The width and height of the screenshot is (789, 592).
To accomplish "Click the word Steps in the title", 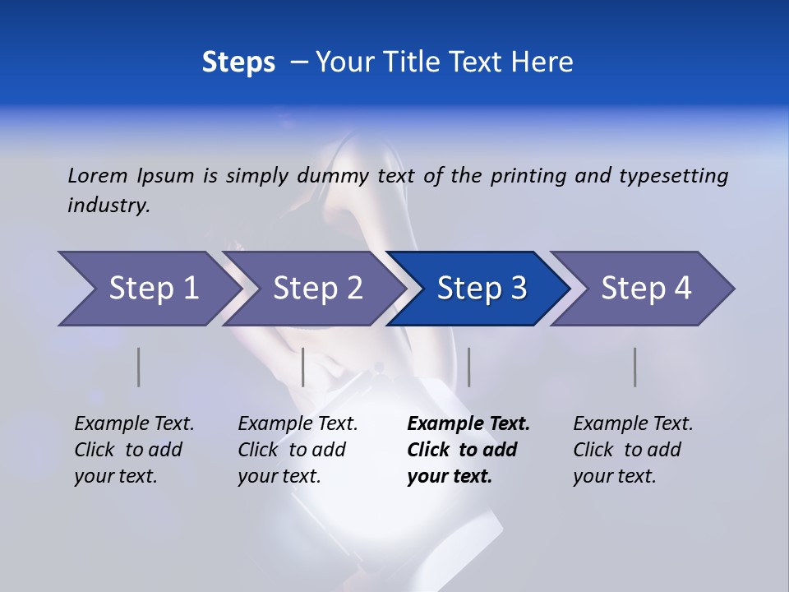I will click(x=238, y=62).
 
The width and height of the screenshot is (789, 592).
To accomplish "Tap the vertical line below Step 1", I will click(x=139, y=367).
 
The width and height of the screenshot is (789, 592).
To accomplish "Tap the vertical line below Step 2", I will click(x=303, y=367).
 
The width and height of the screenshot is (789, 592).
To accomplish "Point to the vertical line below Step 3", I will click(x=468, y=367).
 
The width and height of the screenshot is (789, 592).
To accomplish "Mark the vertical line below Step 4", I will click(x=634, y=367).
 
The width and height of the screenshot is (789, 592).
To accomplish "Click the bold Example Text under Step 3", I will click(x=468, y=424).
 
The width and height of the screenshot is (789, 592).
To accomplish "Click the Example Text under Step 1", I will click(x=134, y=424).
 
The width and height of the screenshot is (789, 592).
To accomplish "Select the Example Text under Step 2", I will click(x=298, y=424).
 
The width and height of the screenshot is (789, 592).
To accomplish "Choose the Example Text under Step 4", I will click(x=633, y=424).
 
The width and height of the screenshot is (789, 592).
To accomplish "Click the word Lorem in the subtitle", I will click(x=98, y=176).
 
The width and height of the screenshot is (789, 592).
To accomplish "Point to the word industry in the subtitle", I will click(x=108, y=206).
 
